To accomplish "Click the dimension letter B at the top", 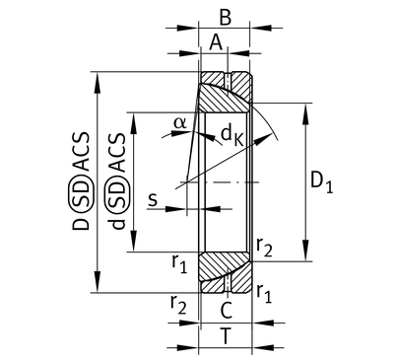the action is [x=226, y=18].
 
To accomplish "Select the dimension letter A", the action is [x=216, y=42].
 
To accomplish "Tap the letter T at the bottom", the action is [x=226, y=336].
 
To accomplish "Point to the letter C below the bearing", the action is [x=227, y=310].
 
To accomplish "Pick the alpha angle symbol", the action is [x=180, y=122].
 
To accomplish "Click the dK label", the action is [x=232, y=135].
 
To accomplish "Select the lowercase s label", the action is [x=153, y=199].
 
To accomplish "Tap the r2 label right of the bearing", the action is [x=264, y=248].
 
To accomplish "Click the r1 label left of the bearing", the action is [x=179, y=263].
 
